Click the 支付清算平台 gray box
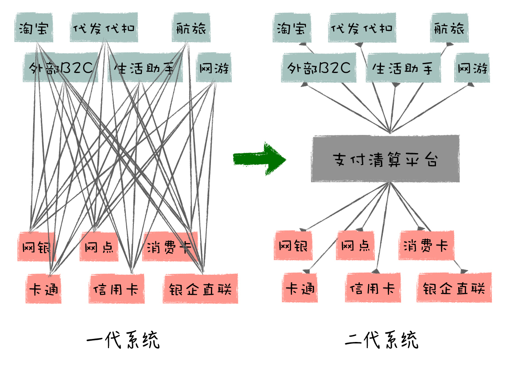point(385,159)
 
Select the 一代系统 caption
point(123,339)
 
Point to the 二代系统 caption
point(381,339)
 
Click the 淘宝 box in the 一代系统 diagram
point(34,28)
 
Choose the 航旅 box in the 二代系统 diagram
point(449,28)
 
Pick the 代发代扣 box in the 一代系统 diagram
point(104,28)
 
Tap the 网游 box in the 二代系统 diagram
point(472,68)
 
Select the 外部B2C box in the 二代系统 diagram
point(319,68)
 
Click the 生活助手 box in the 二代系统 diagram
point(403,68)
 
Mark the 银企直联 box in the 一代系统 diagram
point(200,288)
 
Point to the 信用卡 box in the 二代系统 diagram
point(373,288)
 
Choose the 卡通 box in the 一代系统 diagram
point(43,288)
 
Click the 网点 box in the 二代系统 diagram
point(355,246)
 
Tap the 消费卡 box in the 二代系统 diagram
point(426,246)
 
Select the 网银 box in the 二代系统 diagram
point(293,246)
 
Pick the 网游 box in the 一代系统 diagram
point(214,68)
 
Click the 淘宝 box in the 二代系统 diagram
point(292,28)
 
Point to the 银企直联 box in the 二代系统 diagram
point(454,288)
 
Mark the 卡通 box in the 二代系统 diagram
point(300,288)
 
